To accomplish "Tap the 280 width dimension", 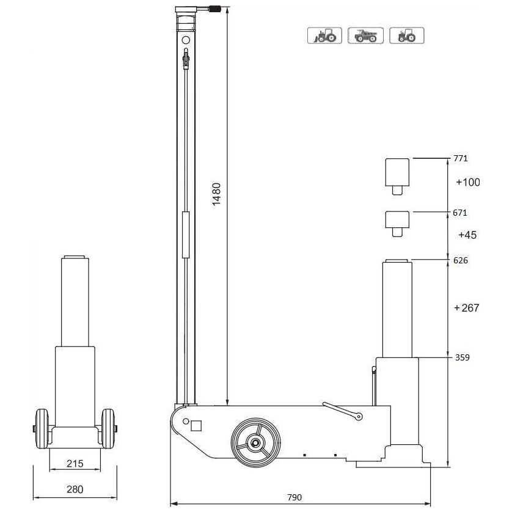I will [x=74, y=489].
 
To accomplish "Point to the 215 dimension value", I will [x=74, y=464].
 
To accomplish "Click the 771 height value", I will [x=460, y=158].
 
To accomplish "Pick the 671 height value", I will [x=460, y=213].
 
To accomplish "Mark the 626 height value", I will [x=460, y=260].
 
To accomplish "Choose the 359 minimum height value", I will [x=462, y=357].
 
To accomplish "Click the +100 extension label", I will [x=468, y=182].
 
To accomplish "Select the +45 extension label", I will [x=466, y=235].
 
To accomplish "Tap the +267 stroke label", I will [x=467, y=308].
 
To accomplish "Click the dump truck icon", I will [x=365, y=36].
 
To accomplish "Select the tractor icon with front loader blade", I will [x=324, y=36].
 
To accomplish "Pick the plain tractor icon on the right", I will [x=406, y=36].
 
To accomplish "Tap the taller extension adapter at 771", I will [x=397, y=174].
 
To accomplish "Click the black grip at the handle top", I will [x=216, y=9].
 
